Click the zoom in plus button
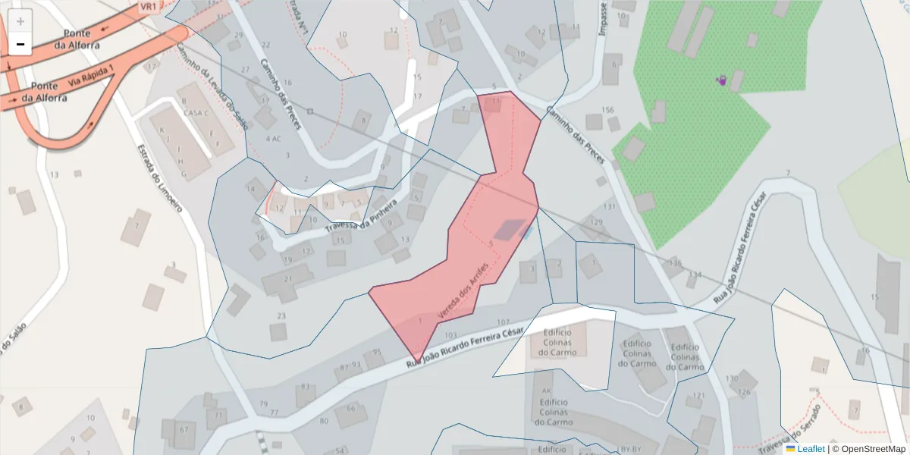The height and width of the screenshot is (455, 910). pyautogui.click(x=20, y=21)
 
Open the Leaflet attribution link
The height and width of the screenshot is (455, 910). pyautogui.click(x=810, y=449)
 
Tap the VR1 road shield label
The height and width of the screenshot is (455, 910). pyautogui.click(x=148, y=6)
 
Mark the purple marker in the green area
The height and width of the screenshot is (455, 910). pyautogui.click(x=722, y=80)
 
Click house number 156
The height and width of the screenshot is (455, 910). pyautogui.click(x=607, y=110)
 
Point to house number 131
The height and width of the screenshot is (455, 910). pyautogui.click(x=609, y=206)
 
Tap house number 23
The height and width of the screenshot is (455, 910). pyautogui.click(x=281, y=315)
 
